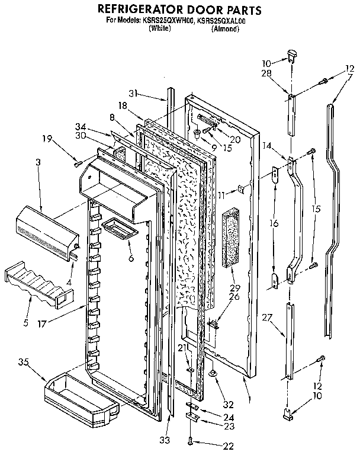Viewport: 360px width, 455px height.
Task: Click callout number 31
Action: coord(134,92)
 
